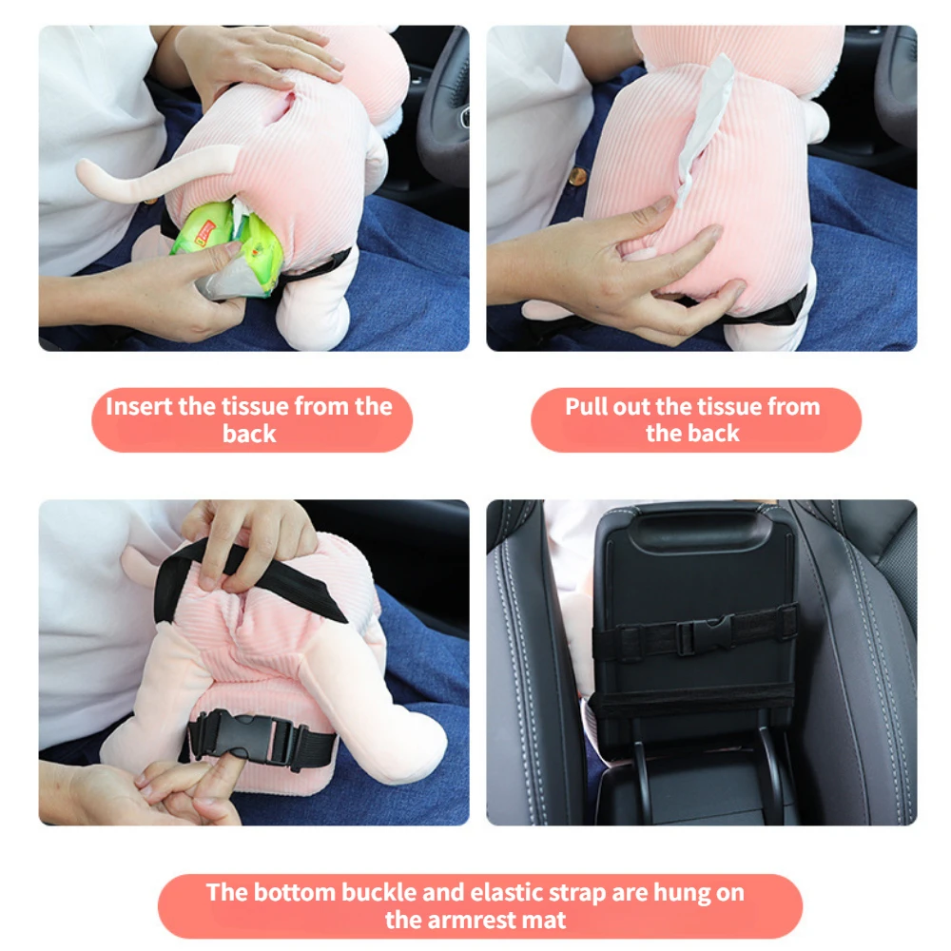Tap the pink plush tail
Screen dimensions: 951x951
[x=151, y=177]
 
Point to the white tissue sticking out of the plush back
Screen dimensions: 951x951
[x=705, y=130]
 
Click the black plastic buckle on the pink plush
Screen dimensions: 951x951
[x=243, y=738]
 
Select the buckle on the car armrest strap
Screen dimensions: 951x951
[x=708, y=632]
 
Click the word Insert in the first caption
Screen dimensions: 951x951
[x=139, y=406]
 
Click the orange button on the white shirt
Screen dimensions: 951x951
[x=577, y=177]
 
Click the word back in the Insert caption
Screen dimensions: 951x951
[x=249, y=435]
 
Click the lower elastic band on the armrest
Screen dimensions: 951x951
[x=691, y=704]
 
